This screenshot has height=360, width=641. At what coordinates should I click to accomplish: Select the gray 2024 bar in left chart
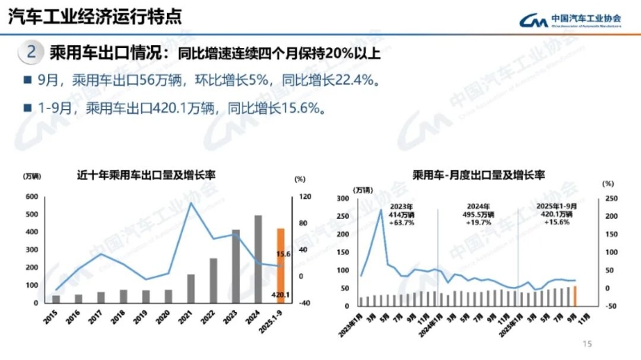[x=258, y=259]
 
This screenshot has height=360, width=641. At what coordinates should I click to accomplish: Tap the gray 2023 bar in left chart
[x=236, y=266]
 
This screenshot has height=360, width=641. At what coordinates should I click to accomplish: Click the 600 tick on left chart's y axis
[x=31, y=196]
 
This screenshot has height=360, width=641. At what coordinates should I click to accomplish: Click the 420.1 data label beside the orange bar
[x=280, y=294]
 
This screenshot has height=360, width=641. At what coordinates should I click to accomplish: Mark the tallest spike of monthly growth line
[x=380, y=209]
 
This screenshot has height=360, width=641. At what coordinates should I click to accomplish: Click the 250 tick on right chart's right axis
[x=610, y=199]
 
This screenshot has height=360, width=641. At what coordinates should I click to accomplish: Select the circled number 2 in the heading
[x=30, y=54]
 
